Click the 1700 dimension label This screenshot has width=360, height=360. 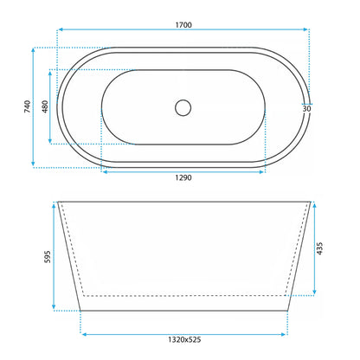183,25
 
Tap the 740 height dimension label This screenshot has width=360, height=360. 28,106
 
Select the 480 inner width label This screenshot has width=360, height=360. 45,106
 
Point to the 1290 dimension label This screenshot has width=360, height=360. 183,177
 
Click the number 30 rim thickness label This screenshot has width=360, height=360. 306,109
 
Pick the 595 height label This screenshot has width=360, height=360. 48,257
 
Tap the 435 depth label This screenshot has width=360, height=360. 319,248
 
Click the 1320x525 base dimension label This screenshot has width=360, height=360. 184,340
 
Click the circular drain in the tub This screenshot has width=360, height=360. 183,108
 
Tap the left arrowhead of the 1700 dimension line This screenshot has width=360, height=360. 61,29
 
